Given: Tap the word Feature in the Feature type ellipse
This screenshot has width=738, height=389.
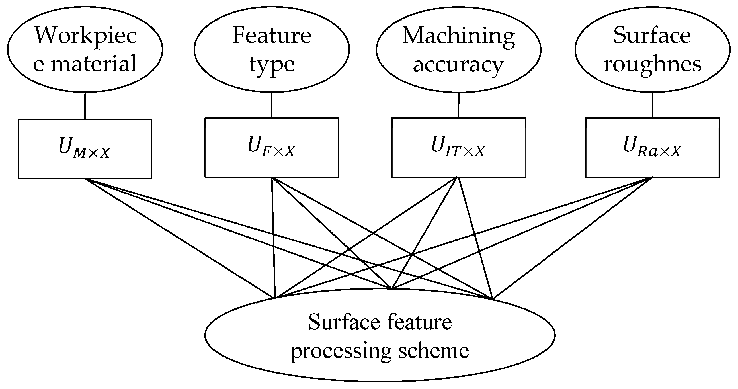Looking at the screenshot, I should point(271,36).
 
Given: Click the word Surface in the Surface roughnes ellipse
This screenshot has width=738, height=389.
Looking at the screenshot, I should point(652,36).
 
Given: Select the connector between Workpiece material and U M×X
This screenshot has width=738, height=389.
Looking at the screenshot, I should point(85,106).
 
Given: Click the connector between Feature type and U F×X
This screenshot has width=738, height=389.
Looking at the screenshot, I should point(272,105).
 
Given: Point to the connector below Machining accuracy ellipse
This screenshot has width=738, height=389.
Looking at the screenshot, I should point(458,105).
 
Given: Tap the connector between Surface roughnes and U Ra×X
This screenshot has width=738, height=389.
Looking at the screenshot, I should point(652,105).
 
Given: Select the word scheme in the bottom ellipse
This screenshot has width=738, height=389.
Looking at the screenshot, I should point(434,351).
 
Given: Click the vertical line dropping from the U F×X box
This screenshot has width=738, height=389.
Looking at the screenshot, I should point(273,238).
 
